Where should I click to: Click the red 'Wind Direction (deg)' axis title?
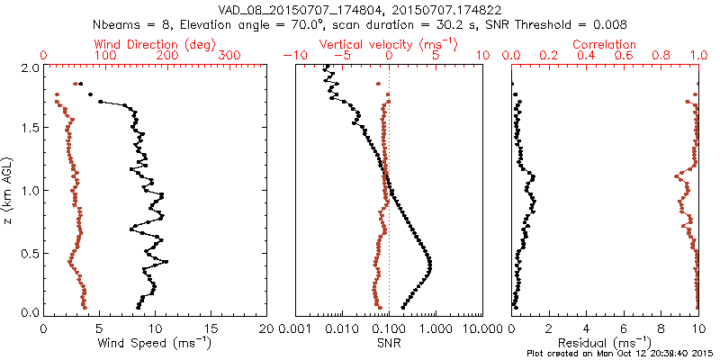point(133,44)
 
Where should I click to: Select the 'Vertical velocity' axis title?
point(378,44)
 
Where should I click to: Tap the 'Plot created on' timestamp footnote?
point(620,354)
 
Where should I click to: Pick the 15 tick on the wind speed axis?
point(211,328)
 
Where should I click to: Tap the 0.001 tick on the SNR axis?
point(295,328)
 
